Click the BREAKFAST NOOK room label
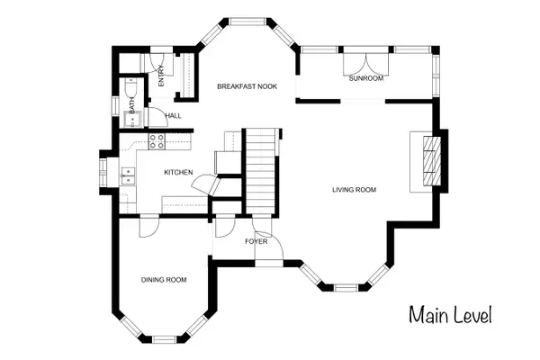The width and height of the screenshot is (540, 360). (247, 86)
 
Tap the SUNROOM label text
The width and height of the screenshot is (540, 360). (366, 79)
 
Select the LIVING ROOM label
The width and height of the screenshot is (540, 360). (354, 190)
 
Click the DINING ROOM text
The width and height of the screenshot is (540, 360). (164, 280)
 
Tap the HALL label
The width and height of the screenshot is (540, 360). (173, 116)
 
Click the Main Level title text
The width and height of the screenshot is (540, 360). (450, 316)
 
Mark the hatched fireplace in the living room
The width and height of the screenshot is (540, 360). (433, 160)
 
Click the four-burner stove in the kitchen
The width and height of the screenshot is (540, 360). (157, 141)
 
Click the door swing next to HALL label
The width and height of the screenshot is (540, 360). (154, 117)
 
